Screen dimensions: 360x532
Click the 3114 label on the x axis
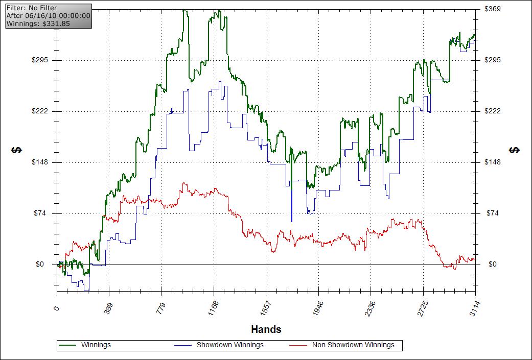tap(475, 309)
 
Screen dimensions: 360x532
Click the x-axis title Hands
tap(266, 329)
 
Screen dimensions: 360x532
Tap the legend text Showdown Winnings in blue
tap(230, 345)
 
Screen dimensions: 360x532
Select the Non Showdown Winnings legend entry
tap(353, 345)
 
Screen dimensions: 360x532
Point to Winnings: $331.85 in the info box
tap(38, 23)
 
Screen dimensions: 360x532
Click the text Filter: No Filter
tap(32, 8)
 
